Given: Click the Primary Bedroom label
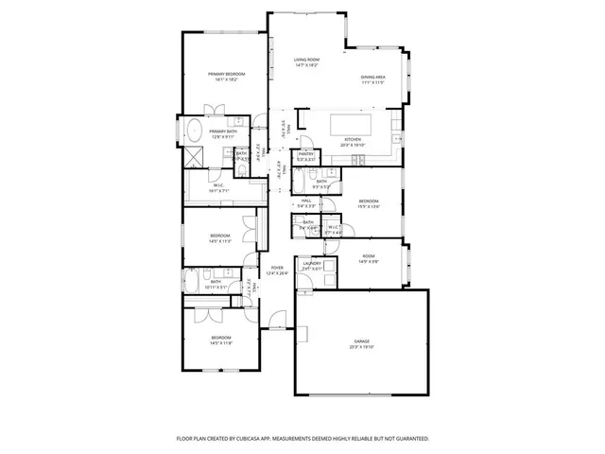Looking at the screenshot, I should (x=227, y=74).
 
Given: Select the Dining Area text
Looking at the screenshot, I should (x=372, y=78).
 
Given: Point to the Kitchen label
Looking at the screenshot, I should (x=352, y=139).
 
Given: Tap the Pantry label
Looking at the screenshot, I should (x=305, y=154).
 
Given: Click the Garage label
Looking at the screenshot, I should (x=361, y=340).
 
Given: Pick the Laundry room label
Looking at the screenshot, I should (x=312, y=264).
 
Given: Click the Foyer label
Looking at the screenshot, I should (x=277, y=268).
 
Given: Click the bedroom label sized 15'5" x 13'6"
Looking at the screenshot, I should (x=369, y=201).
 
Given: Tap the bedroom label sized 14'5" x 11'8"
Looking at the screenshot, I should (x=219, y=338).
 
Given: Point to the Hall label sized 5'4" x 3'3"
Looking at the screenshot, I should (x=306, y=201).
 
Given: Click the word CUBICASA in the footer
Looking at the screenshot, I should (x=258, y=439).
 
